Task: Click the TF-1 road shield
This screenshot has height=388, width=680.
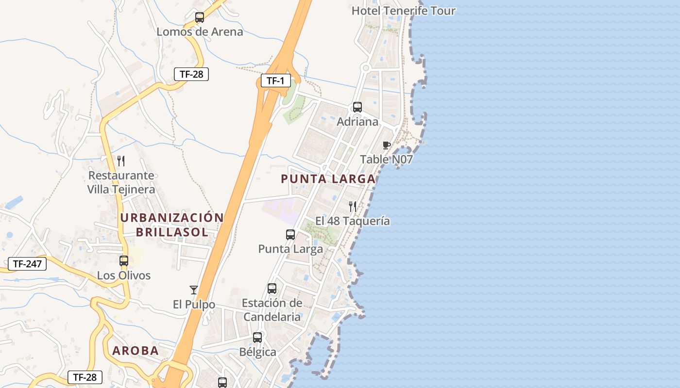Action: [275, 81]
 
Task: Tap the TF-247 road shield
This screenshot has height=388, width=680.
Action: [27, 264]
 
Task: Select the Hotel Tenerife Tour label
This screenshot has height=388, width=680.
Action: [403, 11]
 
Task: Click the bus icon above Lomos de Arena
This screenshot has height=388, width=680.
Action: [200, 18]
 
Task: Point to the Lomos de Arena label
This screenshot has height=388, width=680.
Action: [200, 32]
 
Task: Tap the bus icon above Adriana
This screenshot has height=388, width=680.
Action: [357, 107]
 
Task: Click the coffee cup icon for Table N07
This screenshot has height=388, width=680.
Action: [387, 145]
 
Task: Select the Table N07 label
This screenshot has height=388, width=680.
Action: [386, 159]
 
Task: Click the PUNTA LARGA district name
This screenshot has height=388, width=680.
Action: [328, 179]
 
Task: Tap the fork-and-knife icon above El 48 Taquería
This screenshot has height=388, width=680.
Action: [353, 207]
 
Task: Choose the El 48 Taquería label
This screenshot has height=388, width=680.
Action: [353, 221]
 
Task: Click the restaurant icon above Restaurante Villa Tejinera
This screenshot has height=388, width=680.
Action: [121, 161]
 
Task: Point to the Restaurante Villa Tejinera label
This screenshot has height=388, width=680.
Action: [121, 182]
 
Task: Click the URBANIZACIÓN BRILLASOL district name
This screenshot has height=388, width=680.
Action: [172, 225]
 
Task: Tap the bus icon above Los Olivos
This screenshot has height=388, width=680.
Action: [124, 261]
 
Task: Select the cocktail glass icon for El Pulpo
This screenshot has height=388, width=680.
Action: [194, 290]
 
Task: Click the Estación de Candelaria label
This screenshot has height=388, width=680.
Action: [272, 310]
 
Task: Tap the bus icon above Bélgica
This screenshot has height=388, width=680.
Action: [257, 338]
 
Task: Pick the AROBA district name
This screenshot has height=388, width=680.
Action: [136, 351]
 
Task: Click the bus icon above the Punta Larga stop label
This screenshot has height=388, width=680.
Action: [290, 235]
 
